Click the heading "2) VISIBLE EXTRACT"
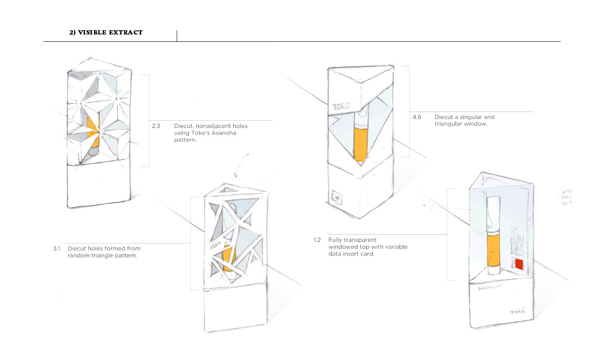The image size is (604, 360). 106,32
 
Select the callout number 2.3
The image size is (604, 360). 156,126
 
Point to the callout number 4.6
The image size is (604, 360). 417,117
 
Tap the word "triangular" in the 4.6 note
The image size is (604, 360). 448,124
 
